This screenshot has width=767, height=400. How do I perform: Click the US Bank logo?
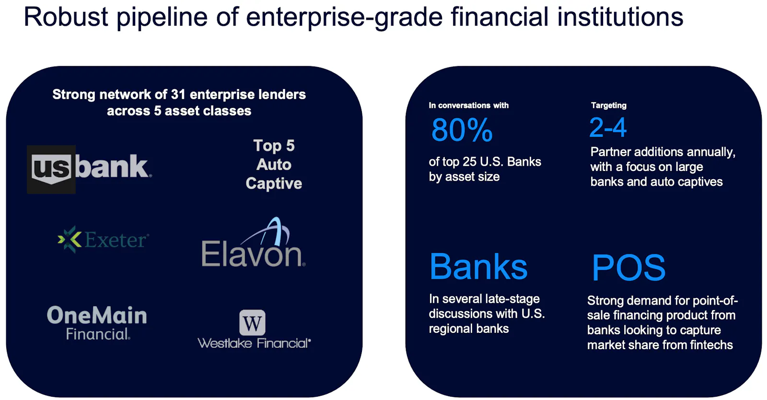coord(89,169)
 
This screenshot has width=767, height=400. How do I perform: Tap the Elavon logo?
coord(254,242)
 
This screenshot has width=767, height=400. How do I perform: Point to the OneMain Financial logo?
coord(97,323)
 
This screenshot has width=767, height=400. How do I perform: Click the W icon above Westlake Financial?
coord(252,322)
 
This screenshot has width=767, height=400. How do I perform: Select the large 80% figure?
coord(462,130)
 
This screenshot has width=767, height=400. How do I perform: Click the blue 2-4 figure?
coord(608,127)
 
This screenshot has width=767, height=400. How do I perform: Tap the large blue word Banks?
coord(478,266)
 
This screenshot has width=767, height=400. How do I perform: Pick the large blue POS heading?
coord(628,267)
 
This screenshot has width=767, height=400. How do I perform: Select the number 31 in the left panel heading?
coord(178,94)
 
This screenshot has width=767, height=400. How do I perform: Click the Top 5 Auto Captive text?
coord(274,164)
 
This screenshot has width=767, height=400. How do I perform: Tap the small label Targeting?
coord(608,105)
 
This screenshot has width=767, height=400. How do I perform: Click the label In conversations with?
coord(468,105)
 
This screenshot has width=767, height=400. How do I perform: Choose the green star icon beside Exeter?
coord(70,239)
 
